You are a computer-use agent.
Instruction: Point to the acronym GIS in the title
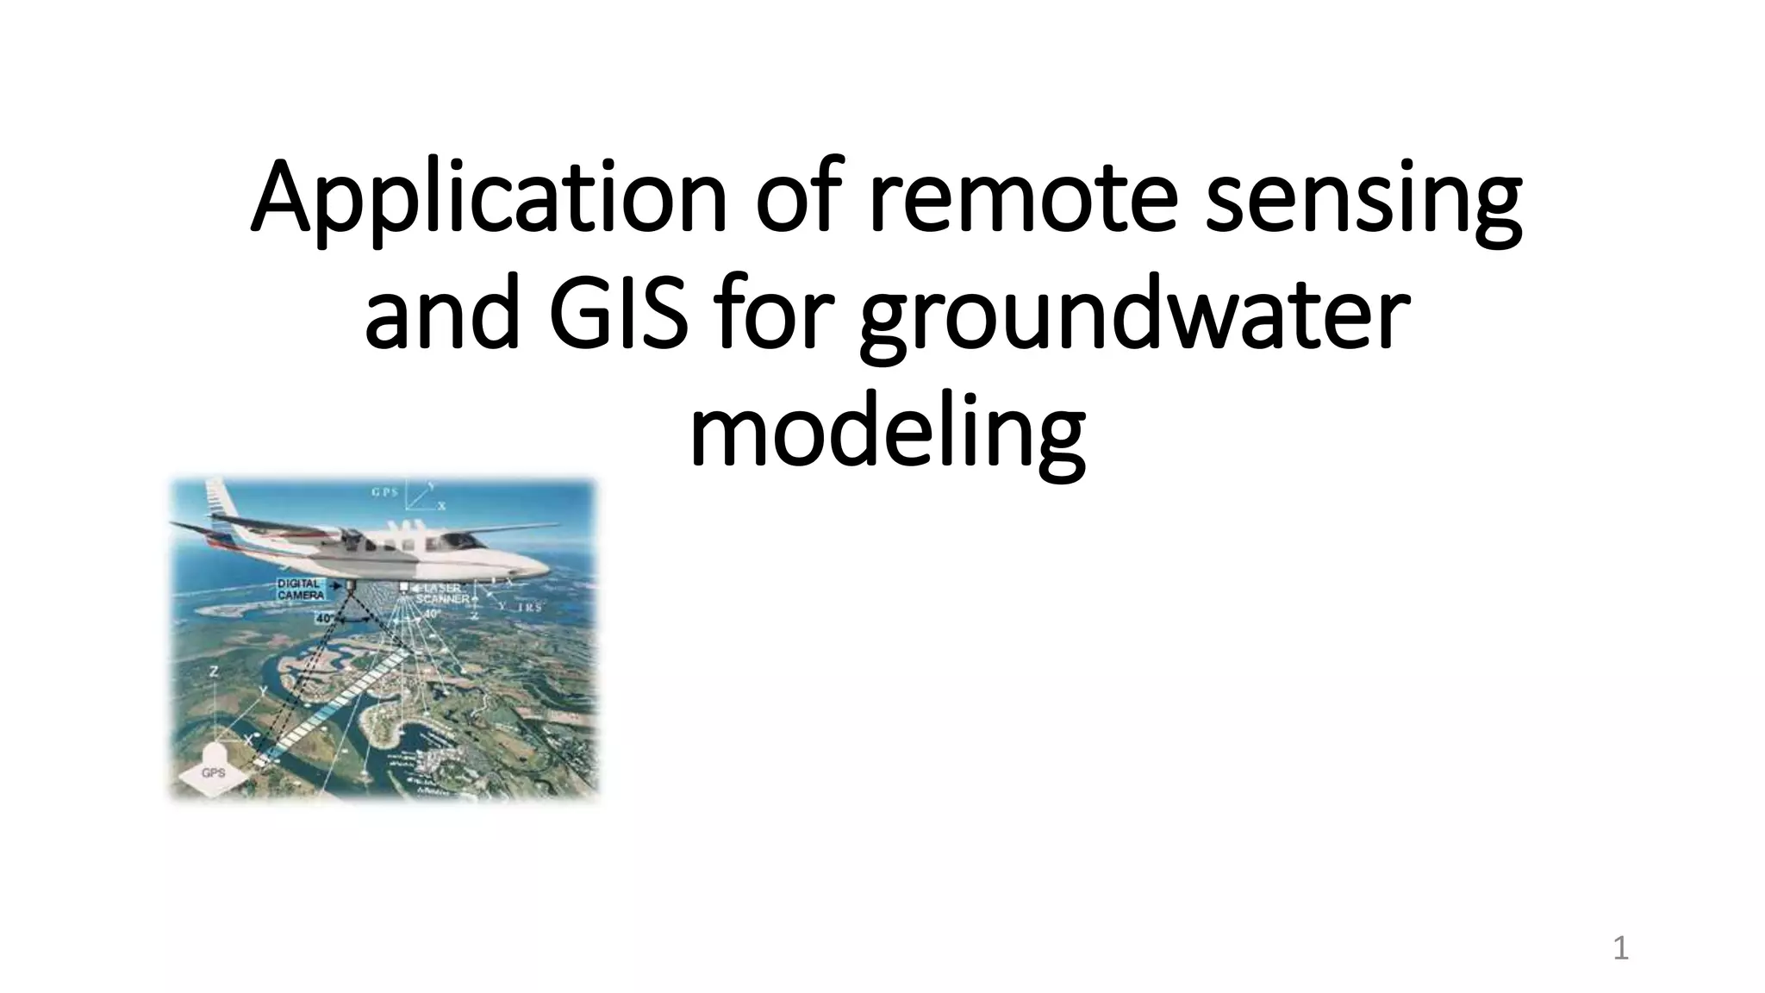pyautogui.click(x=618, y=315)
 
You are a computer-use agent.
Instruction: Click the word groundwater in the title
pyautogui.click(x=1134, y=315)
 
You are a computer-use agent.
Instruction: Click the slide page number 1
pyautogui.click(x=1620, y=949)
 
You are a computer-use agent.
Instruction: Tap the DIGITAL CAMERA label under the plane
pyautogui.click(x=301, y=590)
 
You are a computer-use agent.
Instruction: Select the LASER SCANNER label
pyautogui.click(x=444, y=594)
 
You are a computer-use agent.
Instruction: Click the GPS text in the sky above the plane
pyautogui.click(x=384, y=493)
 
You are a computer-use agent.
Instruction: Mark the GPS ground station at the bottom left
pyautogui.click(x=213, y=772)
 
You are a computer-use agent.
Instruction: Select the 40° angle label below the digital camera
pyautogui.click(x=325, y=618)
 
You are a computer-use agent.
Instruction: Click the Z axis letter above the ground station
pyautogui.click(x=213, y=670)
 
